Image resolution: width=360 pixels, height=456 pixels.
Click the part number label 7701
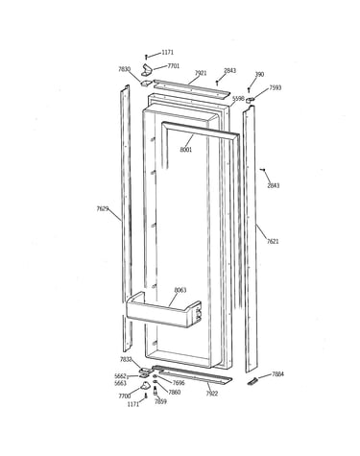174,66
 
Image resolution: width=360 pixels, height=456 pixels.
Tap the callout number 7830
124,69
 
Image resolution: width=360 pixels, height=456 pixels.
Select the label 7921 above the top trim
201,73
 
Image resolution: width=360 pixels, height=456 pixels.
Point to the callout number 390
259,74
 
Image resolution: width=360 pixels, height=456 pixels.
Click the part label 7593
275,87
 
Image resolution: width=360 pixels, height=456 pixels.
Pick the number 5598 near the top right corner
238,99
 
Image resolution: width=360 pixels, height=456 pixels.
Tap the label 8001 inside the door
186,150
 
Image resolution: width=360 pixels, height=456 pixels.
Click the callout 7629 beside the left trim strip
103,209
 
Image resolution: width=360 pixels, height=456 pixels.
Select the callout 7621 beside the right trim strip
273,241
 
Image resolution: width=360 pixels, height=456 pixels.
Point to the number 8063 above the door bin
180,290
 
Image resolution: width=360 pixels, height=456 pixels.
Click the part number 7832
126,359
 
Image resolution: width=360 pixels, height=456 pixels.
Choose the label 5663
120,383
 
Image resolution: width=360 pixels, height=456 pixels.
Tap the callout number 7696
179,383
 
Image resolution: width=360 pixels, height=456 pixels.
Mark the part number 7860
175,392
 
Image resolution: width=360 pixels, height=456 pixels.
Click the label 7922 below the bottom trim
211,394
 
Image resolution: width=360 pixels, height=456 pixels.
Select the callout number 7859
160,401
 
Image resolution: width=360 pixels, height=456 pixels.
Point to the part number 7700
125,396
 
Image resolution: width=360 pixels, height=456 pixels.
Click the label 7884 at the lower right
277,373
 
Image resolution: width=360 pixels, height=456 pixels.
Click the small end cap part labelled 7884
252,381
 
